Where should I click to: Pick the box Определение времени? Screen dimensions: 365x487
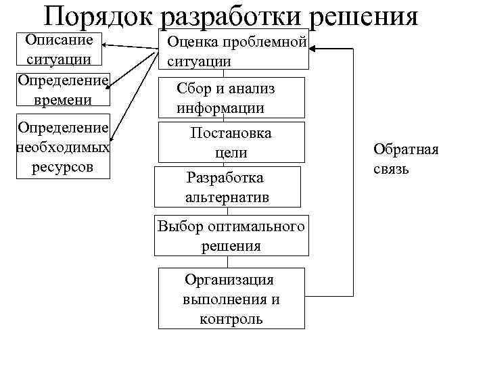point(63,91)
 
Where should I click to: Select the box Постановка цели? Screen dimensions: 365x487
point(231,143)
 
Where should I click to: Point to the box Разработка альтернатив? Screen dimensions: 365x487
point(227,187)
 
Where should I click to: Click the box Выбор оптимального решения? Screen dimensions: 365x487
point(231,236)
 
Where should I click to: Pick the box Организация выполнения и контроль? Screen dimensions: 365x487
point(231,299)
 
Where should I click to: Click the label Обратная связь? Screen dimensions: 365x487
point(406,158)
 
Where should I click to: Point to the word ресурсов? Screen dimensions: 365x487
point(62,166)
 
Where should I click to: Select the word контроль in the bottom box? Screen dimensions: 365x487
point(231,318)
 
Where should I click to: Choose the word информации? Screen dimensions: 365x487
point(221,108)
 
